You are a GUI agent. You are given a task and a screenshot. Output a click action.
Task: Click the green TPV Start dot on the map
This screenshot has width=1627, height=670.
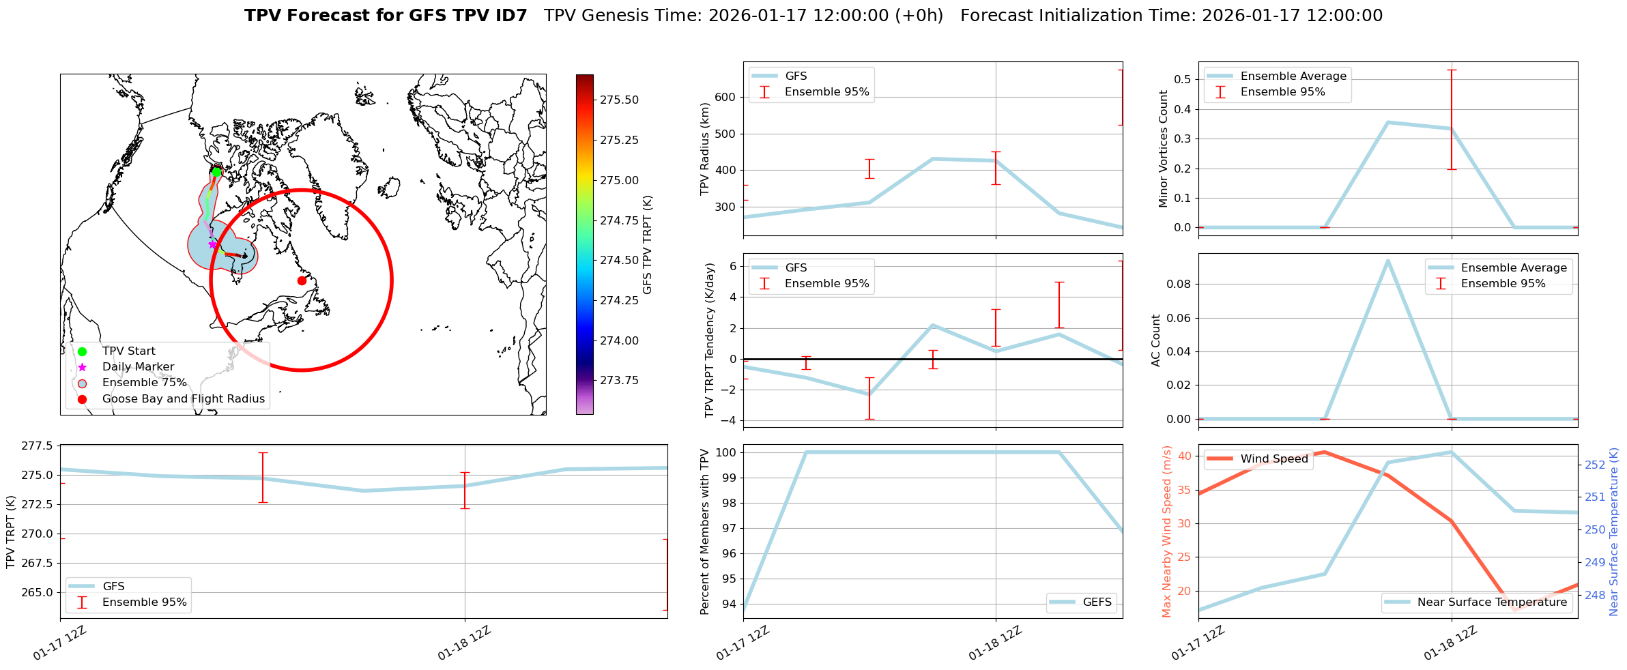tap(216, 172)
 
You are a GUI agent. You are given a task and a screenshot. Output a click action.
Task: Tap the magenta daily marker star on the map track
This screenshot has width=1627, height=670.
tap(212, 244)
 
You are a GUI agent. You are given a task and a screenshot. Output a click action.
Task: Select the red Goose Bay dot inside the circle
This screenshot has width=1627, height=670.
tap(302, 280)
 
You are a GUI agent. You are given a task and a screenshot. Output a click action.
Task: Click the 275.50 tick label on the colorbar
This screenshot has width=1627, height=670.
tap(619, 100)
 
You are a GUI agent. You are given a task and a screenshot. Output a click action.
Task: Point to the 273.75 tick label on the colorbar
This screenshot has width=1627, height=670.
tap(619, 380)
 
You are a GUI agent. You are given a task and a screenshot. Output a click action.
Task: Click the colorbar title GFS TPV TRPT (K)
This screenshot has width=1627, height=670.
tap(648, 244)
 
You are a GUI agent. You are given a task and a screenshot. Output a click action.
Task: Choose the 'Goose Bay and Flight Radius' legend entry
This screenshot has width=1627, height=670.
tap(183, 398)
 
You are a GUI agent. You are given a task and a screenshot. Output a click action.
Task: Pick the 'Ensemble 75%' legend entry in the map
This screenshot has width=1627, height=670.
tap(144, 382)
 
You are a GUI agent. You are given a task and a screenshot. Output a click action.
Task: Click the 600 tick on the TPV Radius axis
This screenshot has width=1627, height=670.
tap(725, 97)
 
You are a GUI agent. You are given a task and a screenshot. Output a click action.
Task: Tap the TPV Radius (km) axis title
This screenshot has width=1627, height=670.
tap(705, 149)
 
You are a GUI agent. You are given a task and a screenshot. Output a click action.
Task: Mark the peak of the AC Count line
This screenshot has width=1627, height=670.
tap(1387, 260)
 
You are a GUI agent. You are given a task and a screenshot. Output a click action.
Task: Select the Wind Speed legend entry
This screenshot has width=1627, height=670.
tap(1273, 458)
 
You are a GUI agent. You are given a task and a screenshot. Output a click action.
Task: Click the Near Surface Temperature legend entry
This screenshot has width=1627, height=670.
tap(1491, 602)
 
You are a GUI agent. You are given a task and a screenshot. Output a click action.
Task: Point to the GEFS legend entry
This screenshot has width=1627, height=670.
tap(1097, 602)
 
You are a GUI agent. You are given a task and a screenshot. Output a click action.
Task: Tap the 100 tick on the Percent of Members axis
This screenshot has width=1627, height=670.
tap(725, 452)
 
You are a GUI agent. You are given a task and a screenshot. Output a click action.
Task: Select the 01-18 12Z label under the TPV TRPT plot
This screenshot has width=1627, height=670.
tap(465, 643)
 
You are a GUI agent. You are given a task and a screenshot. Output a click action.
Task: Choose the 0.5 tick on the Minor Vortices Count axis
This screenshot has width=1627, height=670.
tap(1183, 79)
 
